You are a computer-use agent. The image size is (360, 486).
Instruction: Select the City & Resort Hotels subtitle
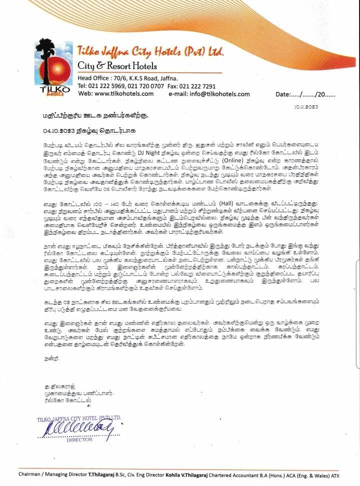coord(117,65)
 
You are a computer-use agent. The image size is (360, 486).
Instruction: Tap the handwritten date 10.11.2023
coord(306,107)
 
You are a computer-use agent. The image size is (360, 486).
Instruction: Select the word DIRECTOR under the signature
coord(80,440)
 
